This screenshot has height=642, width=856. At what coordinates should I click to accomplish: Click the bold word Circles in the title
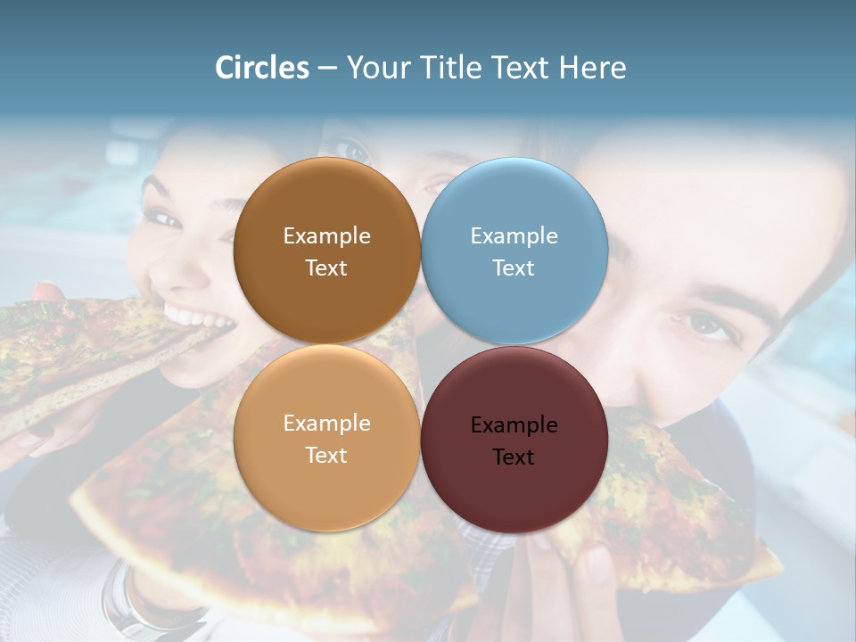pyautogui.click(x=262, y=68)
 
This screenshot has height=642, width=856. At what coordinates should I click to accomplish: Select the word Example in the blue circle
pyautogui.click(x=514, y=236)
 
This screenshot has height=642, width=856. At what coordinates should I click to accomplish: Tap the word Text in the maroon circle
pyautogui.click(x=513, y=457)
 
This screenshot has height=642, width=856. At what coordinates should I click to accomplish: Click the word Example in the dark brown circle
pyautogui.click(x=326, y=236)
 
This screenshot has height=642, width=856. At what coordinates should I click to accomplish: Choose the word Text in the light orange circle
pyautogui.click(x=326, y=456)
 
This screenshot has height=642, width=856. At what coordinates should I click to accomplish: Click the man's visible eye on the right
pyautogui.click(x=707, y=325)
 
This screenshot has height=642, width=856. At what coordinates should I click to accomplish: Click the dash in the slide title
pyautogui.click(x=327, y=68)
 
